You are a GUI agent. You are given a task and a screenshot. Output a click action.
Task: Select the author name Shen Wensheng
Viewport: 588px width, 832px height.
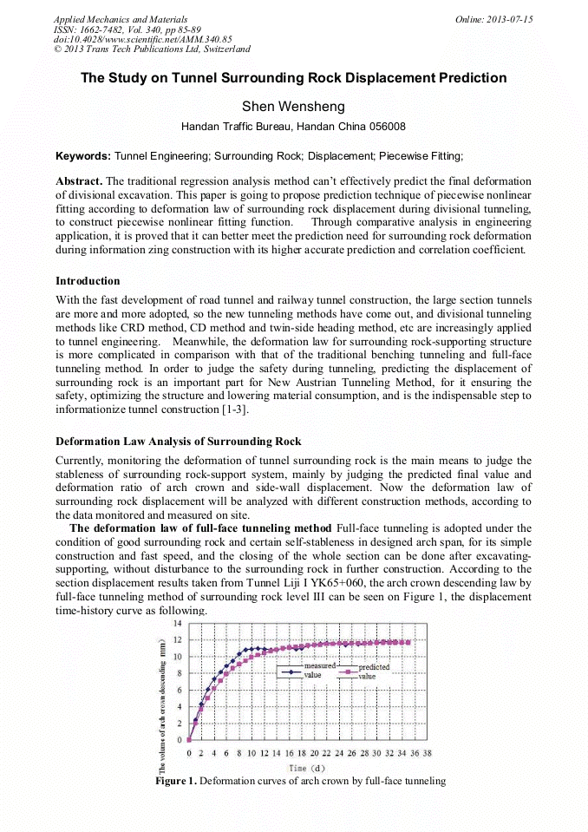(293, 107)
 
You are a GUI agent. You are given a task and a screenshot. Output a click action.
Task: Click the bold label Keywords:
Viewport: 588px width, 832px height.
(83, 156)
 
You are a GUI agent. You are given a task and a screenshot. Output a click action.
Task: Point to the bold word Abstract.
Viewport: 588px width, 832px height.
(78, 180)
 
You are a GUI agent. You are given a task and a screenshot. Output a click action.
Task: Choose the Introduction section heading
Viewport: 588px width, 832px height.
(88, 281)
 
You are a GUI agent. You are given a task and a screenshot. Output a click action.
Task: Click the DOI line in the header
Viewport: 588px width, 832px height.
(143, 39)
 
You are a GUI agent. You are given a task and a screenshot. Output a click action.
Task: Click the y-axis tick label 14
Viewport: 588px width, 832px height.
(177, 624)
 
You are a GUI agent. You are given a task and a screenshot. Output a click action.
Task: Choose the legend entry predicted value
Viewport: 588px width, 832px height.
(373, 671)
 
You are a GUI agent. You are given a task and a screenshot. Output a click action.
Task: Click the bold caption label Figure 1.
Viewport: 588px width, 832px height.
(177, 781)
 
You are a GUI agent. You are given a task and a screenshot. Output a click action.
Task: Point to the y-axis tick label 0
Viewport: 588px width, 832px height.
(180, 740)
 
